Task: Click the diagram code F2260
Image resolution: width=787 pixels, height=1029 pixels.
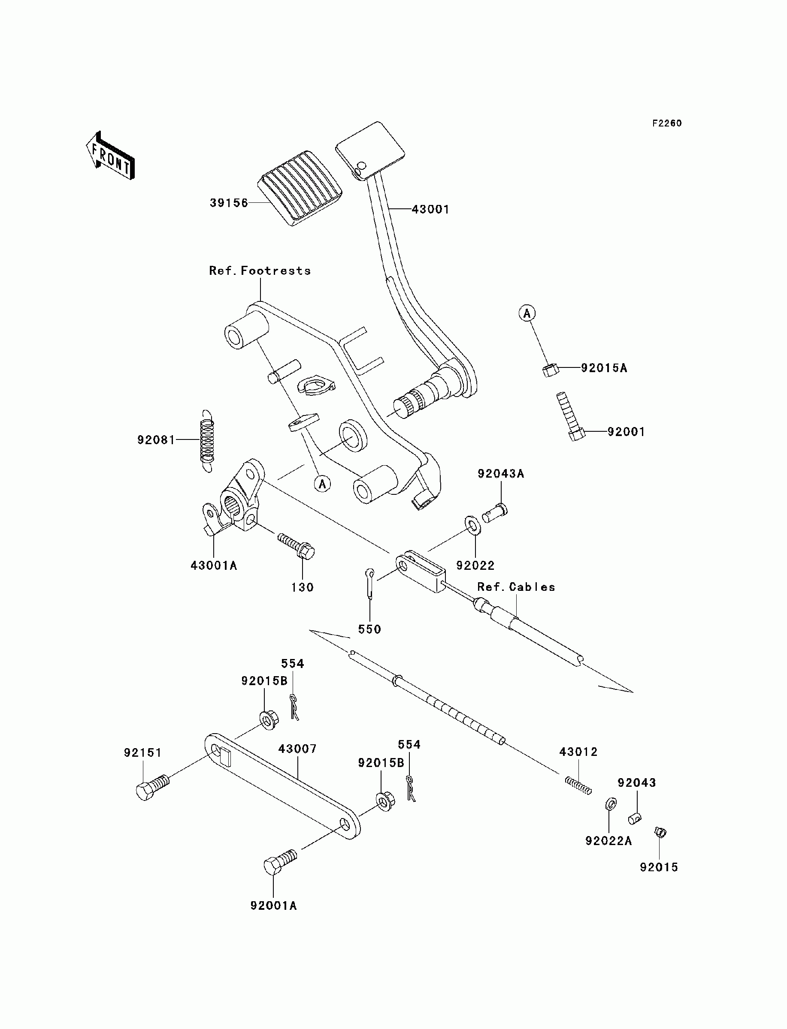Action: click(667, 123)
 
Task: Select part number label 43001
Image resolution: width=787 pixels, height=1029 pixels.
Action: click(430, 210)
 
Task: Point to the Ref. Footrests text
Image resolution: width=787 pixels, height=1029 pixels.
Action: click(260, 271)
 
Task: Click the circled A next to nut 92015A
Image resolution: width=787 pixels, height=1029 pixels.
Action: click(527, 313)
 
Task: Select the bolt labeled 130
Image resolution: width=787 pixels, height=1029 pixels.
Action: click(297, 546)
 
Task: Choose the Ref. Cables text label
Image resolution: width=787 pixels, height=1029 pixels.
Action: click(516, 587)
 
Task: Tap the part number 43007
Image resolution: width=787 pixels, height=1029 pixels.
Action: click(297, 749)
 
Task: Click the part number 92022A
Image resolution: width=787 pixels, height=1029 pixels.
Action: click(608, 841)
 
